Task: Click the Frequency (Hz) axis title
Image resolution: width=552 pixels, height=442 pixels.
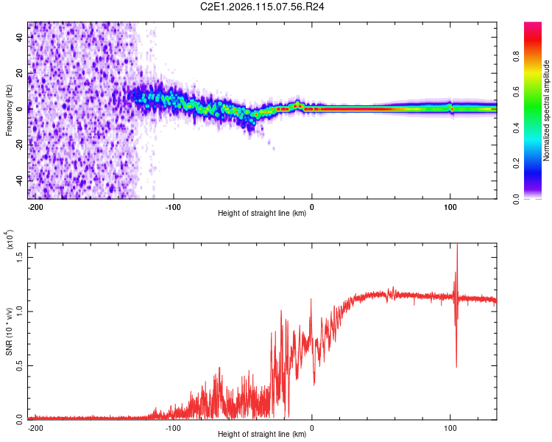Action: click(9, 110)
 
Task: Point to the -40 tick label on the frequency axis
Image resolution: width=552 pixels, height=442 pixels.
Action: click(19, 179)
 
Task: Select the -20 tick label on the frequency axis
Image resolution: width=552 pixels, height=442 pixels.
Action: click(19, 144)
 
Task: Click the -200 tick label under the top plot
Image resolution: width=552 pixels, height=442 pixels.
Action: click(35, 207)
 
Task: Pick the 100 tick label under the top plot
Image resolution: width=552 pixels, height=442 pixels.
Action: click(450, 207)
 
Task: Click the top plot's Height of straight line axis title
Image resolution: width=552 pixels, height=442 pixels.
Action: click(262, 214)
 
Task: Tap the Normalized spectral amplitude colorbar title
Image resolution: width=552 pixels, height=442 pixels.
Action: click(546, 110)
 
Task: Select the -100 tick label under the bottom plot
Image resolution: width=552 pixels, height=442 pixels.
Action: click(173, 427)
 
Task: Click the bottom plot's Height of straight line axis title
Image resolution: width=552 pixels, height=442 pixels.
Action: click(262, 434)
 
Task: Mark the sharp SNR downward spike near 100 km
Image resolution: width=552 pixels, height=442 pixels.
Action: click(456, 365)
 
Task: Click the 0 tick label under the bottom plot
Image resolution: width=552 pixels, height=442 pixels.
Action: click(312, 427)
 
